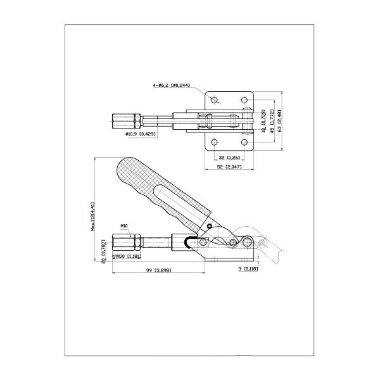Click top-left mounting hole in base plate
(x=215, y=100)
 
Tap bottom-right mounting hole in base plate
(x=244, y=142)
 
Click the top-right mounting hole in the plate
(x=244, y=100)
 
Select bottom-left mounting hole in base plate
(x=215, y=142)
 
